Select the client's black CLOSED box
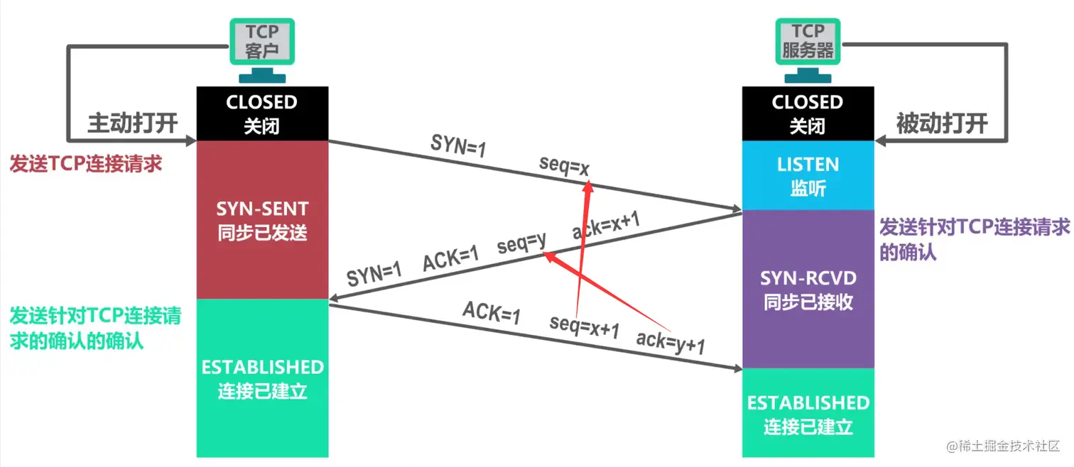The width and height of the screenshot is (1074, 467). [x=261, y=114]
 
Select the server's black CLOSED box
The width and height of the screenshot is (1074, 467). [x=808, y=114]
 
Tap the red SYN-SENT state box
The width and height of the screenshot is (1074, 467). [x=261, y=219]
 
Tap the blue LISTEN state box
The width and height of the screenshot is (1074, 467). [x=808, y=175]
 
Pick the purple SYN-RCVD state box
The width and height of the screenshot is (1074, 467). [x=808, y=289]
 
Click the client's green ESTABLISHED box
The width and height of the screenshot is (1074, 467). [x=261, y=378]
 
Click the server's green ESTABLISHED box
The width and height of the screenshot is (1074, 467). [x=808, y=413]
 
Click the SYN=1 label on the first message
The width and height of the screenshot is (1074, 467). [x=458, y=144]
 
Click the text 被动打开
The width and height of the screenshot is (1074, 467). [x=941, y=123]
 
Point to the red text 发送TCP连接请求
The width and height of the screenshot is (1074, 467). [x=86, y=163]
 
